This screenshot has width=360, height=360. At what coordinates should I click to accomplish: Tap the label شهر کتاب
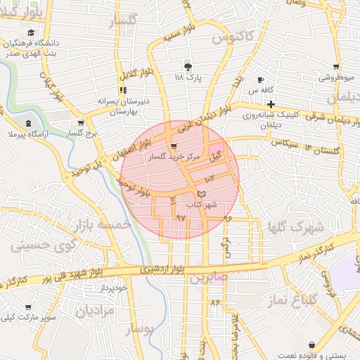tap(201, 205)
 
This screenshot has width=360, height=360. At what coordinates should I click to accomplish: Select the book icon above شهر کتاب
tap(202, 193)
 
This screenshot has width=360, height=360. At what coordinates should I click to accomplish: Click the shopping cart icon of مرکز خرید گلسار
tap(174, 148)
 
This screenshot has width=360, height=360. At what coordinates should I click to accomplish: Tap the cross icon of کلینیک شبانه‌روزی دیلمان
tap(270, 104)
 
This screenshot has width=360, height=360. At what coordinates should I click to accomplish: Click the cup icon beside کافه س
tap(261, 80)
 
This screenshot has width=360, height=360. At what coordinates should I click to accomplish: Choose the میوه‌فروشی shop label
tap(335, 78)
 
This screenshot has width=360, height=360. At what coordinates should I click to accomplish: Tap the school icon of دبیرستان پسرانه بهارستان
tap(124, 90)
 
